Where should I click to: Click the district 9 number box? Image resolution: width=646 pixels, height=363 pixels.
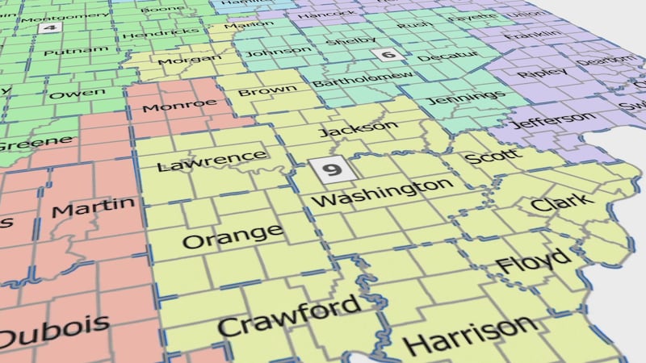point(330,171)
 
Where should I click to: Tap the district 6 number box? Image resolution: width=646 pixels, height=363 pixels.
point(388,55)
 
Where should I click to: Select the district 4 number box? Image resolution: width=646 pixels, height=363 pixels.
point(49,27)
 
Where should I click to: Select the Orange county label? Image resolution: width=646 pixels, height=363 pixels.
point(233,236)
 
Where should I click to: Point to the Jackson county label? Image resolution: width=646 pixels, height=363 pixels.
point(359,128)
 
